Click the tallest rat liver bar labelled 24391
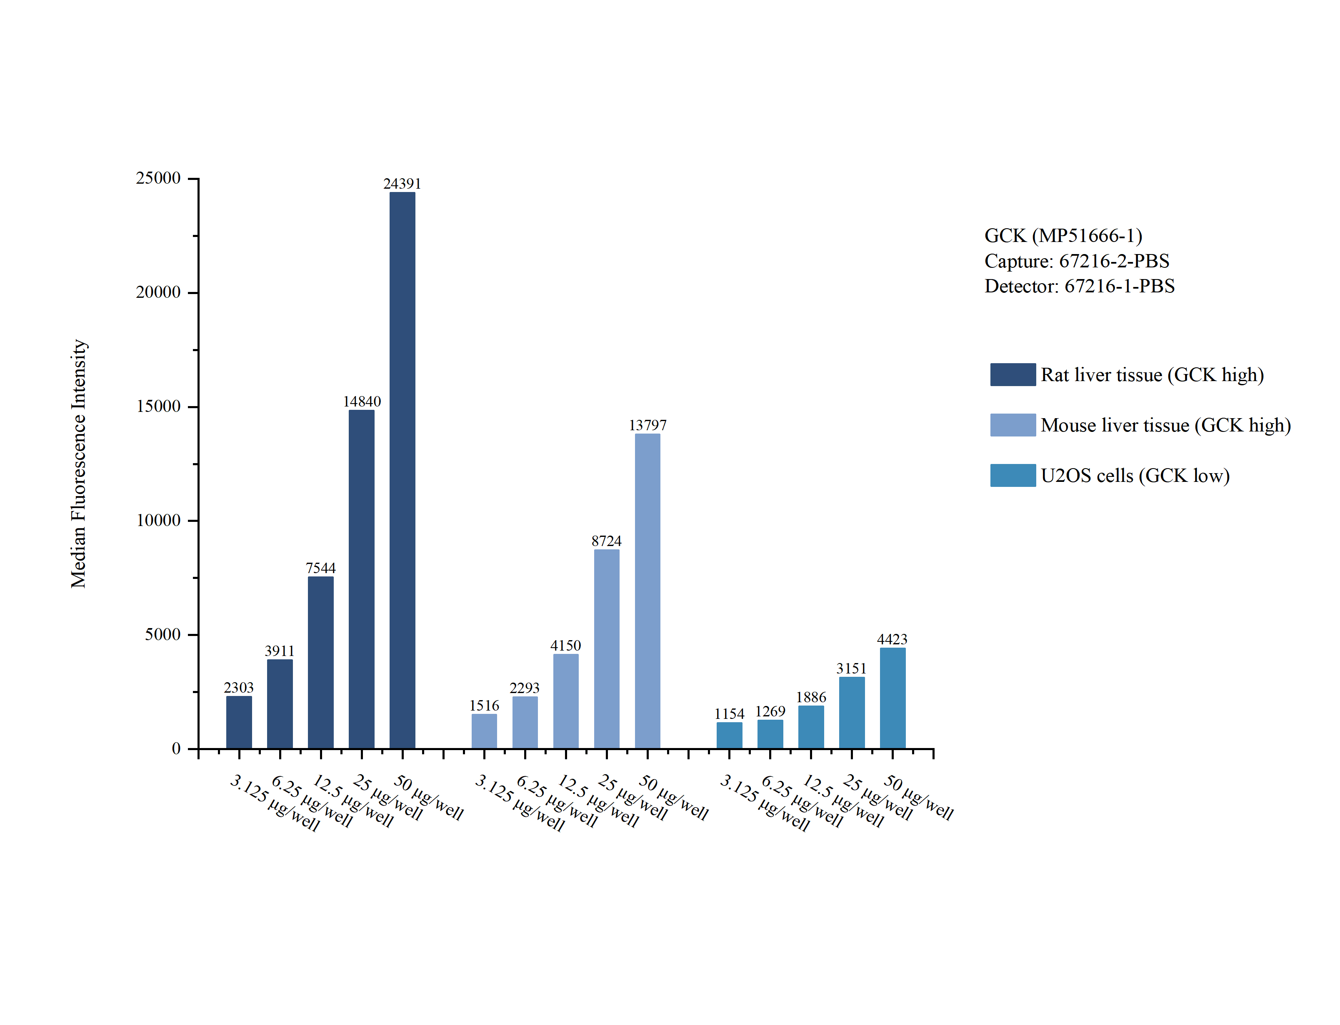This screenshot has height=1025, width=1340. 402,470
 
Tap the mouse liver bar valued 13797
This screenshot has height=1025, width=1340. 647,591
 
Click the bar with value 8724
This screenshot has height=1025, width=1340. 607,648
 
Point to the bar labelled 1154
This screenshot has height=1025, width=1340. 729,735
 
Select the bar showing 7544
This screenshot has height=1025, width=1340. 320,662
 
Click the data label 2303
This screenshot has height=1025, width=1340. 239,688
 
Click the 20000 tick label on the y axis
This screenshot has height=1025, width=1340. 158,292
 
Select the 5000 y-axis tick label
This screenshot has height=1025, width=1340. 162,634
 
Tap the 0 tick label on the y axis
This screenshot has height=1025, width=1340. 176,748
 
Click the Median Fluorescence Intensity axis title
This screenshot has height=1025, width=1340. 79,464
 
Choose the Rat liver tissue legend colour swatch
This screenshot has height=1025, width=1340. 1012,374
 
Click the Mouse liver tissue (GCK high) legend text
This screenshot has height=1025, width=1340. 1165,425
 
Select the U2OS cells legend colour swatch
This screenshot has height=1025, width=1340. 1012,475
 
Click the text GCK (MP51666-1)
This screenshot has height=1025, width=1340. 1063,235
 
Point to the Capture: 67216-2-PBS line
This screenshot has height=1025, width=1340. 1076,261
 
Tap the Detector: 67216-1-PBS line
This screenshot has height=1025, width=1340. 1079,286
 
